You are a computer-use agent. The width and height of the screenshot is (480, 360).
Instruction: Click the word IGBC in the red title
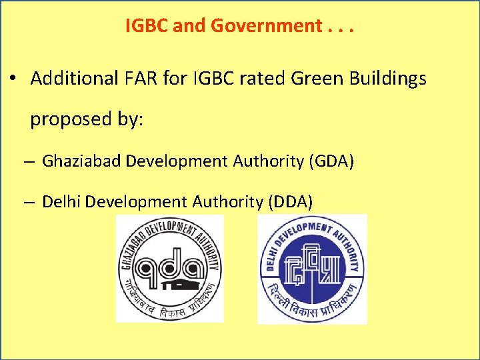click(x=143, y=26)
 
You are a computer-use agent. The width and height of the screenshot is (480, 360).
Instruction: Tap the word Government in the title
click(x=266, y=26)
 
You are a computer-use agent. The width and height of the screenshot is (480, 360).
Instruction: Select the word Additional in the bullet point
click(x=73, y=79)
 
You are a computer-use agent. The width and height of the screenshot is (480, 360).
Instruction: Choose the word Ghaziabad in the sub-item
click(x=81, y=161)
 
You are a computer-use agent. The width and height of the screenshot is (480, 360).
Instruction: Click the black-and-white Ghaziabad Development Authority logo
click(x=169, y=269)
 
